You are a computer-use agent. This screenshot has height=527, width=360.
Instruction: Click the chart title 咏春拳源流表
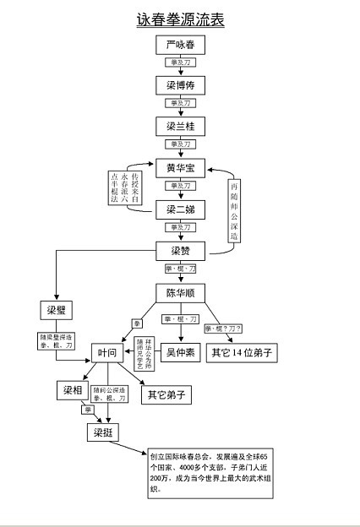[180, 19]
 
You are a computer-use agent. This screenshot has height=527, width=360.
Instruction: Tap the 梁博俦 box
[180, 85]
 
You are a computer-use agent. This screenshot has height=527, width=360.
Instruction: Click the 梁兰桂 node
[180, 127]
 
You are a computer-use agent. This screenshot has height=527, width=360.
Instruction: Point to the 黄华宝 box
[180, 167]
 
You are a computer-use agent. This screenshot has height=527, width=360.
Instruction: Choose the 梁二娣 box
[180, 209]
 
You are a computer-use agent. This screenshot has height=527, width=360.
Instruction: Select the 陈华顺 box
[180, 293]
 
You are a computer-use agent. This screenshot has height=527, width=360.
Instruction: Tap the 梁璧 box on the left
[57, 311]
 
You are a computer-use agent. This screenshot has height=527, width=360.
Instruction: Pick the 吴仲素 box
[179, 352]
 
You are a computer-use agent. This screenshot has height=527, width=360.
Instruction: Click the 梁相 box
[71, 390]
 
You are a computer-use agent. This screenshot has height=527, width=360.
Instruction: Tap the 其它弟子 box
[166, 394]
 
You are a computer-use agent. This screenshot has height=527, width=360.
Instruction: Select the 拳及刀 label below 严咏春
[180, 64]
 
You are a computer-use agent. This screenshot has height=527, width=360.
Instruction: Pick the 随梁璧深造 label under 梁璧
[57, 340]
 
